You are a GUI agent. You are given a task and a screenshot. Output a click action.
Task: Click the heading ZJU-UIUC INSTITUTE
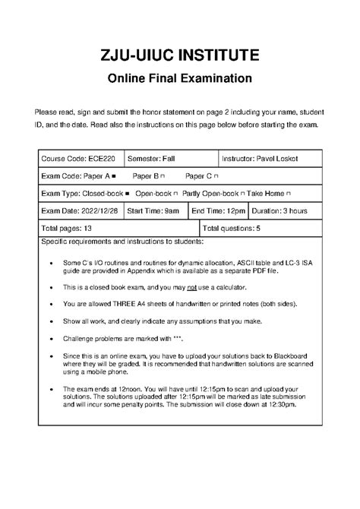179,55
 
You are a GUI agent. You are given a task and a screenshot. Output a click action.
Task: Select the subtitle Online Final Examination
179,78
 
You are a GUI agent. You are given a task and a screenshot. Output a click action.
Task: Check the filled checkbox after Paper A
113,175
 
